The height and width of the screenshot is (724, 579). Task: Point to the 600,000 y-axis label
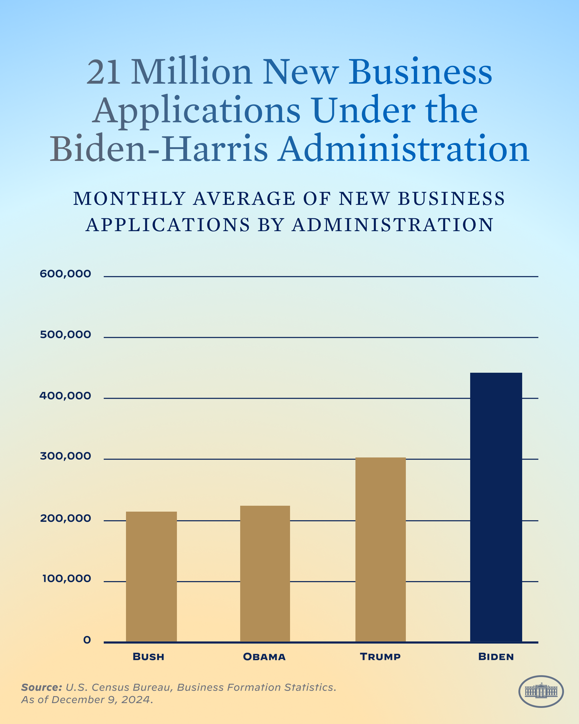coord(65,274)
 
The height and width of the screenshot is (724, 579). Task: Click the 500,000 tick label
coord(65,334)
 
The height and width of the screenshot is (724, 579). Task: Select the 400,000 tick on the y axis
coord(65,396)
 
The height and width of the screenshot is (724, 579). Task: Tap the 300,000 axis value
coord(65,456)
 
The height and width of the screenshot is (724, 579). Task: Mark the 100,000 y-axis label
coord(66,578)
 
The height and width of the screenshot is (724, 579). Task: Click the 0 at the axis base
coord(87,640)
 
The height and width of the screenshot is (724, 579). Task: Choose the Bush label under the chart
coord(148,656)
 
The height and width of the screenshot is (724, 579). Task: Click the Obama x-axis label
coord(264,656)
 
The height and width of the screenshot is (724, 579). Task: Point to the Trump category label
coord(380,656)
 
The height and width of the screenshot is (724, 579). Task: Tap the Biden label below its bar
coord(496,656)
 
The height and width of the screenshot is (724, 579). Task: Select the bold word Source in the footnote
coord(41,687)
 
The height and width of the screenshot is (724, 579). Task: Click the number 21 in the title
coord(103,72)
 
